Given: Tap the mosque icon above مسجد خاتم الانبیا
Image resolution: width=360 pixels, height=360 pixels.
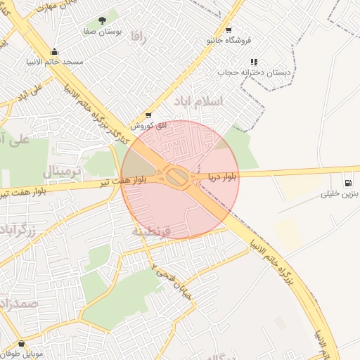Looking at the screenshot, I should (x=55, y=51).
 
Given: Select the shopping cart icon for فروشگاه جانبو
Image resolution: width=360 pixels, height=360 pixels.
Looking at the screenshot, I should (x=229, y=30).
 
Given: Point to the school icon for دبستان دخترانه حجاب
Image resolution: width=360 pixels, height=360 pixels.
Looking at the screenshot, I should (x=254, y=62).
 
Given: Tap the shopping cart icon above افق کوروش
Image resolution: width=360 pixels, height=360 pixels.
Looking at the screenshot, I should (x=148, y=115).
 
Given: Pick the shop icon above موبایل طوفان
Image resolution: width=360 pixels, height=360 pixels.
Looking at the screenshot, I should (x=22, y=345).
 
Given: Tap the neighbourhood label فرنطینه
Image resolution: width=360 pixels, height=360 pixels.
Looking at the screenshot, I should (x=152, y=230).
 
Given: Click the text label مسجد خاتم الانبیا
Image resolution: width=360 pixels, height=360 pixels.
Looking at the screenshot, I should (x=58, y=62).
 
